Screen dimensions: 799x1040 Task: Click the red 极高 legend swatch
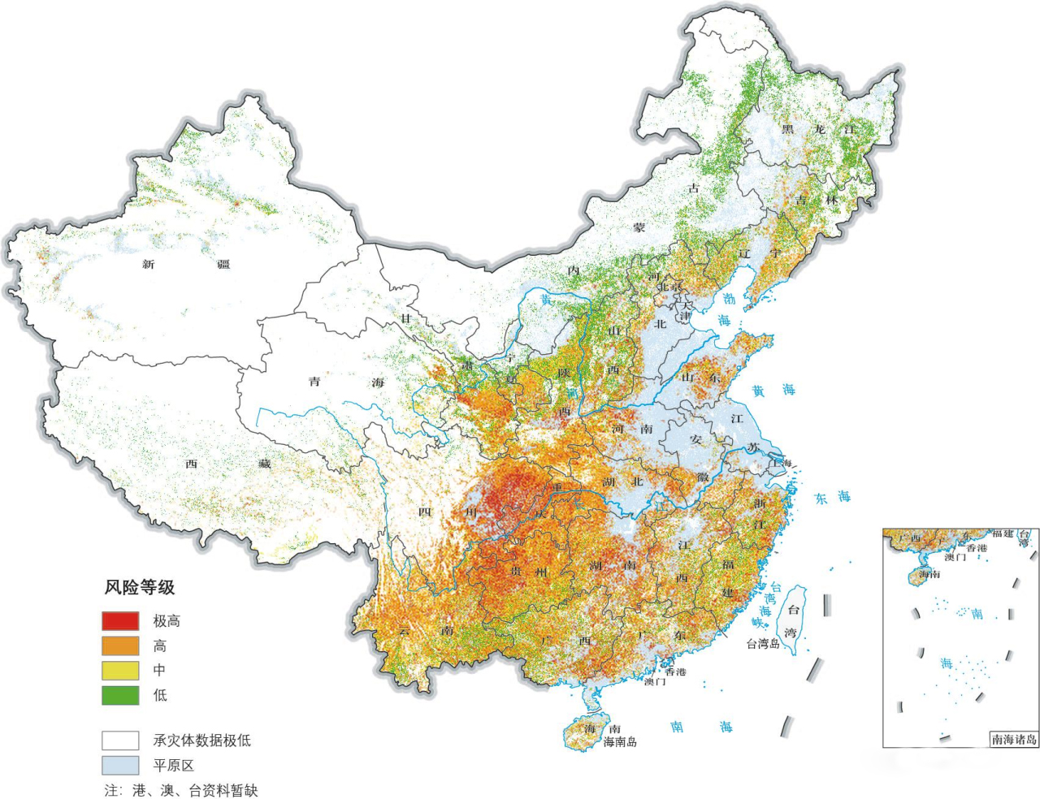[119, 621]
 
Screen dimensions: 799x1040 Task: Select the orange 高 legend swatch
[119, 646]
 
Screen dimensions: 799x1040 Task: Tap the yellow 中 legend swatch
[119, 671]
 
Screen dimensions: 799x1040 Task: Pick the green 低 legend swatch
[119, 695]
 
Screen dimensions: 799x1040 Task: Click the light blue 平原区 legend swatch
[119, 765]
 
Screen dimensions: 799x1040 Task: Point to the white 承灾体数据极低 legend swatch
[119, 741]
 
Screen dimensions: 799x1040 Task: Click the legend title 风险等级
[139, 588]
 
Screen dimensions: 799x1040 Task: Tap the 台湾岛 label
[763, 644]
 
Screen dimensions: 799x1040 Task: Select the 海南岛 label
[620, 742]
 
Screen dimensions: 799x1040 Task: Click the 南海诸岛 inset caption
[1014, 739]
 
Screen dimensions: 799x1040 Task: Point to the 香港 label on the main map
[675, 672]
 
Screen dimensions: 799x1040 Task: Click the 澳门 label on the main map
[655, 681]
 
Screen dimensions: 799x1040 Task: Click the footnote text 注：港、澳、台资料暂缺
[180, 790]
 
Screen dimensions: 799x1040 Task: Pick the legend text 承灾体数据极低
[201, 741]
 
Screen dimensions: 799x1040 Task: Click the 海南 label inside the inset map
[929, 574]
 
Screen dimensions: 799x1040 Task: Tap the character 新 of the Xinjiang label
[148, 265]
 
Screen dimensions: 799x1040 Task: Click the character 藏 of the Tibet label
[265, 464]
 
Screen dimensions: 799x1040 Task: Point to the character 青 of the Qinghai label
[314, 382]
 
